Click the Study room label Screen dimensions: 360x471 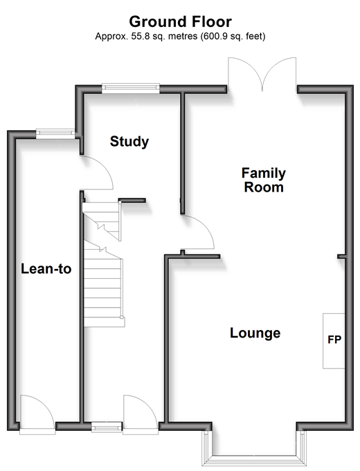tap(129, 142)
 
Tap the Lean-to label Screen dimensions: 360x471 tap(46, 268)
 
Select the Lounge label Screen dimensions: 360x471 tap(255, 333)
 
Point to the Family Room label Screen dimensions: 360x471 tap(264, 180)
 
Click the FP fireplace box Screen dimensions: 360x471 tap(334, 341)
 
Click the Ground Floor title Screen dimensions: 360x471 tap(181, 21)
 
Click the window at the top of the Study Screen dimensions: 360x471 tap(131, 87)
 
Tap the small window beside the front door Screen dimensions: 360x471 tap(106, 427)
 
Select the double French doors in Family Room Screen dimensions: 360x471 tap(262, 73)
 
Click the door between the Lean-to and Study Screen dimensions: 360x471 tap(97, 173)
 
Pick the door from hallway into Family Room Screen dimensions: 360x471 tap(197, 232)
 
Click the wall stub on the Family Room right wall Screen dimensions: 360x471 tap(341, 257)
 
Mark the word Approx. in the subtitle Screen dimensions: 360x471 tap(111, 37)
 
